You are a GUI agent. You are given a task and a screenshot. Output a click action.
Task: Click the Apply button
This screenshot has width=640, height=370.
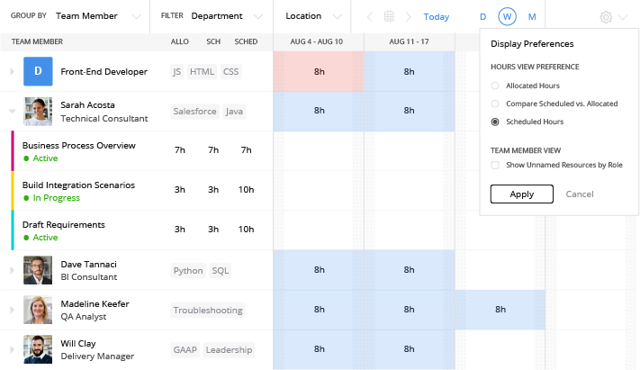tap(521, 194)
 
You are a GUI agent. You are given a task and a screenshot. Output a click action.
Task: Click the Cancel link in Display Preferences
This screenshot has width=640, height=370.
tap(580, 194)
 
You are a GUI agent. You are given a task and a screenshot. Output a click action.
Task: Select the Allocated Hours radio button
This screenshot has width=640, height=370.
tap(495, 86)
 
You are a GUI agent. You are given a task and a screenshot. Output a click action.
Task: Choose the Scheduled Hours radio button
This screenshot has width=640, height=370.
tap(495, 122)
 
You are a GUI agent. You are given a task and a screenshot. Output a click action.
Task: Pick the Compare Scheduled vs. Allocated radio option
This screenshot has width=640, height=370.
tap(495, 104)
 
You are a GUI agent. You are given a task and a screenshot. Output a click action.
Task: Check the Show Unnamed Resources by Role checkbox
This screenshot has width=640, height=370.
tap(495, 165)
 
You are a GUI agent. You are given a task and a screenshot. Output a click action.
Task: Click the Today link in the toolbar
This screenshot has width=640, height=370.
tap(437, 16)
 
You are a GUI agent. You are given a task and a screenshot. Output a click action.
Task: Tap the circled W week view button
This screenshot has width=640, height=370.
tap(508, 16)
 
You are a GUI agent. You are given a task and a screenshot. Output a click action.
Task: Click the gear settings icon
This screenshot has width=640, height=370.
tap(606, 16)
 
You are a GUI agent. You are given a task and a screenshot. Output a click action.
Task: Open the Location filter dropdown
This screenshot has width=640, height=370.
tap(312, 16)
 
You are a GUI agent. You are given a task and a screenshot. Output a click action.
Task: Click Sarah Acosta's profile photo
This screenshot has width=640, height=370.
tap(39, 112)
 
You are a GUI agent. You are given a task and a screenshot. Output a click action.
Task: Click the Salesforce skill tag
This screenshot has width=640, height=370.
tap(194, 112)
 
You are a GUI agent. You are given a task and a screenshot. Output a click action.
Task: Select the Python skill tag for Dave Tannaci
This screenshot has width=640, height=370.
tap(188, 270)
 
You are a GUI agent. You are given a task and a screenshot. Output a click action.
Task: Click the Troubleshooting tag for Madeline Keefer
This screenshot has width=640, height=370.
tap(208, 310)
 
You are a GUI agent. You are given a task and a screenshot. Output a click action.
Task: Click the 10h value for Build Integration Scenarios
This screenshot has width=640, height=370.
tap(246, 189)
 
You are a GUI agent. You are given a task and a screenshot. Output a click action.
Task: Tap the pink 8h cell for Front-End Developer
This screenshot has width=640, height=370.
tap(319, 71)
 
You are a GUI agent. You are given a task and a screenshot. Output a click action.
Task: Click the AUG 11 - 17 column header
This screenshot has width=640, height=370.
tap(409, 42)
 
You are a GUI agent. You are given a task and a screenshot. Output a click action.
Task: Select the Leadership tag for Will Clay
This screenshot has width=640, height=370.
tap(229, 349)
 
